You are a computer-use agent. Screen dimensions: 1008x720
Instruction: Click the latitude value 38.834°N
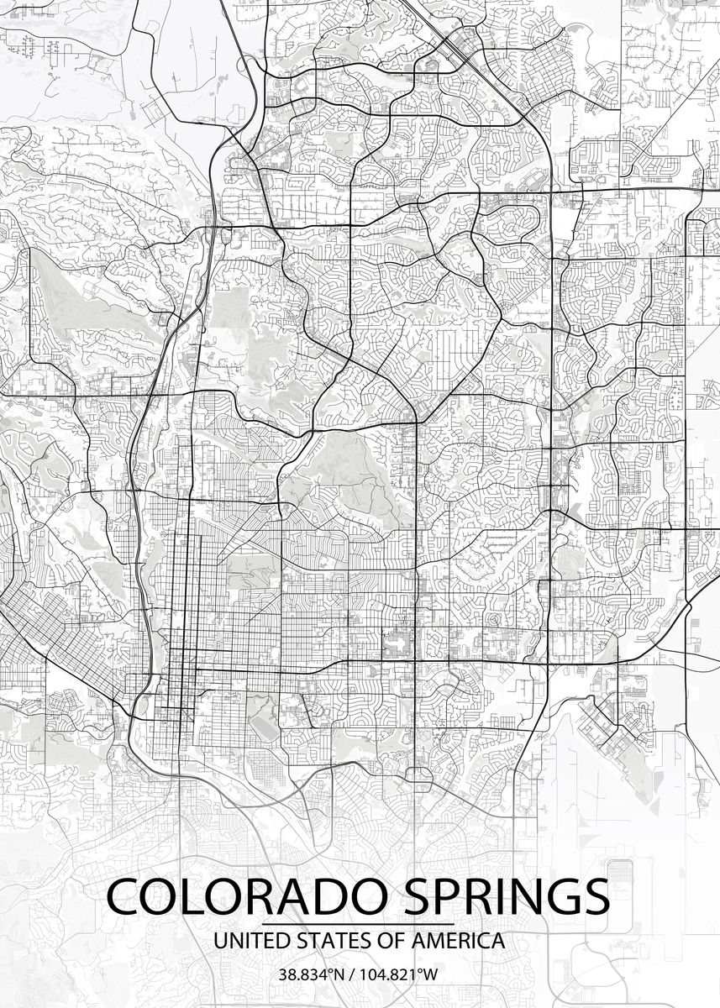[312, 975]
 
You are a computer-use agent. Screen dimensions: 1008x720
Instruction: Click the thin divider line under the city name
[359, 924]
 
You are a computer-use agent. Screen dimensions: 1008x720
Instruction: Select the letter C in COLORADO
[126, 898]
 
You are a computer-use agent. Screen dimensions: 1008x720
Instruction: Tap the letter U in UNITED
[221, 941]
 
